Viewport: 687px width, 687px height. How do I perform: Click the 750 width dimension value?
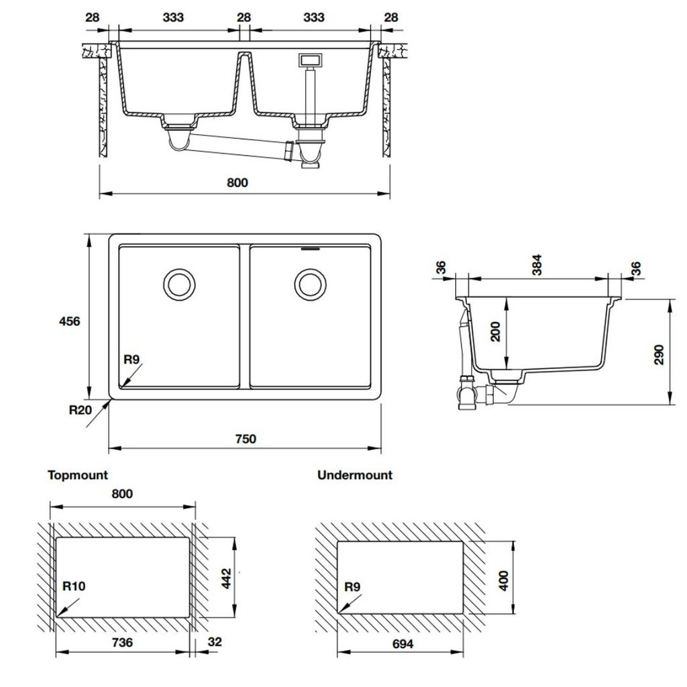pyautogui.click(x=246, y=439)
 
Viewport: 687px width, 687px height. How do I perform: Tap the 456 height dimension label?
pyautogui.click(x=70, y=321)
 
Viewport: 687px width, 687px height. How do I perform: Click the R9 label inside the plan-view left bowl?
pyautogui.click(x=131, y=360)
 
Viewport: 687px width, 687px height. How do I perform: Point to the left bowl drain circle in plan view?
pyautogui.click(x=179, y=284)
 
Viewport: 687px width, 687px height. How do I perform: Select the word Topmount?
pyautogui.click(x=78, y=475)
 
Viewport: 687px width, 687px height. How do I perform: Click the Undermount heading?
pyautogui.click(x=354, y=475)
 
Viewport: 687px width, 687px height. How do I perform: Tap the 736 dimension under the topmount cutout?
pyautogui.click(x=122, y=643)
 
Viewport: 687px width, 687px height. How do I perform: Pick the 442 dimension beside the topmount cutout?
pyautogui.click(x=226, y=577)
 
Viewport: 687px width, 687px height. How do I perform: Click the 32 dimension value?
pyautogui.click(x=214, y=643)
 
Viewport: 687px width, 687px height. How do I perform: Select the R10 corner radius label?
pyautogui.click(x=74, y=586)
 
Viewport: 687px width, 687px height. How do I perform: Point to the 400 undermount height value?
pyautogui.click(x=505, y=578)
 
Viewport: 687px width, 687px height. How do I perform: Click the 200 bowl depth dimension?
pyautogui.click(x=496, y=332)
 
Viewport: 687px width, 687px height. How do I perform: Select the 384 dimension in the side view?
pyautogui.click(x=537, y=266)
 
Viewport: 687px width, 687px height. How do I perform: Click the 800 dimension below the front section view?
pyautogui.click(x=237, y=182)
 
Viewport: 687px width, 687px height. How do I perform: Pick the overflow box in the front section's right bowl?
pyautogui.click(x=310, y=60)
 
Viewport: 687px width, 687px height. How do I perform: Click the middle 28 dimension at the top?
pyautogui.click(x=244, y=17)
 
